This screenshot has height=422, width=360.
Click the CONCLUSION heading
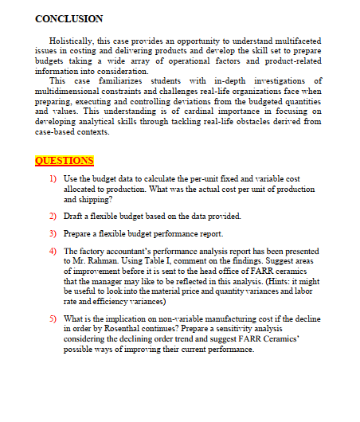[69, 18]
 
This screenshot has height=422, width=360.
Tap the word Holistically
[73, 39]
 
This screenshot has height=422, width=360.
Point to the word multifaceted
[293, 39]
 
